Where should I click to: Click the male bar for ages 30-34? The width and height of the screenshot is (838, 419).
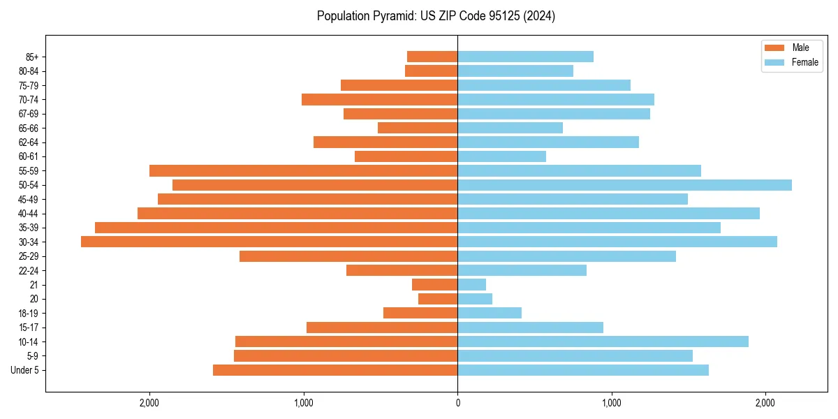pyautogui.click(x=269, y=242)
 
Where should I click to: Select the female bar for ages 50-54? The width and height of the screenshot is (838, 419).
pyautogui.click(x=624, y=185)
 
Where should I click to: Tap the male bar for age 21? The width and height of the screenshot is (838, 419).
pyautogui.click(x=434, y=285)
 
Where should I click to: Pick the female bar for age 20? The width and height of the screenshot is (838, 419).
pyautogui.click(x=475, y=299)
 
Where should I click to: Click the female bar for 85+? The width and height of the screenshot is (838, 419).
pyautogui.click(x=525, y=57)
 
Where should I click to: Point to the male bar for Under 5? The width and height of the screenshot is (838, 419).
pyautogui.click(x=335, y=370)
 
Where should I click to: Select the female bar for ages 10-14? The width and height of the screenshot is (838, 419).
pyautogui.click(x=603, y=341)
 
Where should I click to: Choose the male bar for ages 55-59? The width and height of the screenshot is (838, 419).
pyautogui.click(x=303, y=171)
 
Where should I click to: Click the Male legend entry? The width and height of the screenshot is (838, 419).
pyautogui.click(x=800, y=47)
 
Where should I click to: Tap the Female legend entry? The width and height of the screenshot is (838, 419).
pyautogui.click(x=804, y=62)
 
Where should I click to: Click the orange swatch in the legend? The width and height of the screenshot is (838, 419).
pyautogui.click(x=774, y=47)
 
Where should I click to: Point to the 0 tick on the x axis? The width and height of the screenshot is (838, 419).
pyautogui.click(x=457, y=403)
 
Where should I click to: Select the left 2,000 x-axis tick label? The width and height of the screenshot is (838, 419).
pyautogui.click(x=149, y=403)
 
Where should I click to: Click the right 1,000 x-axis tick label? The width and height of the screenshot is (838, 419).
pyautogui.click(x=612, y=403)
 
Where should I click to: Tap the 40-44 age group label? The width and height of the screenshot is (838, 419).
pyautogui.click(x=28, y=214)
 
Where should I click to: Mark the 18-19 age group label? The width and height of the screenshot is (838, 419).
pyautogui.click(x=28, y=314)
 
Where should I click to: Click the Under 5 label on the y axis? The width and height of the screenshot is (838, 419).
pyautogui.click(x=25, y=370)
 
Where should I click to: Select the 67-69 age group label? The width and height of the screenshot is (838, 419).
pyautogui.click(x=28, y=114)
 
